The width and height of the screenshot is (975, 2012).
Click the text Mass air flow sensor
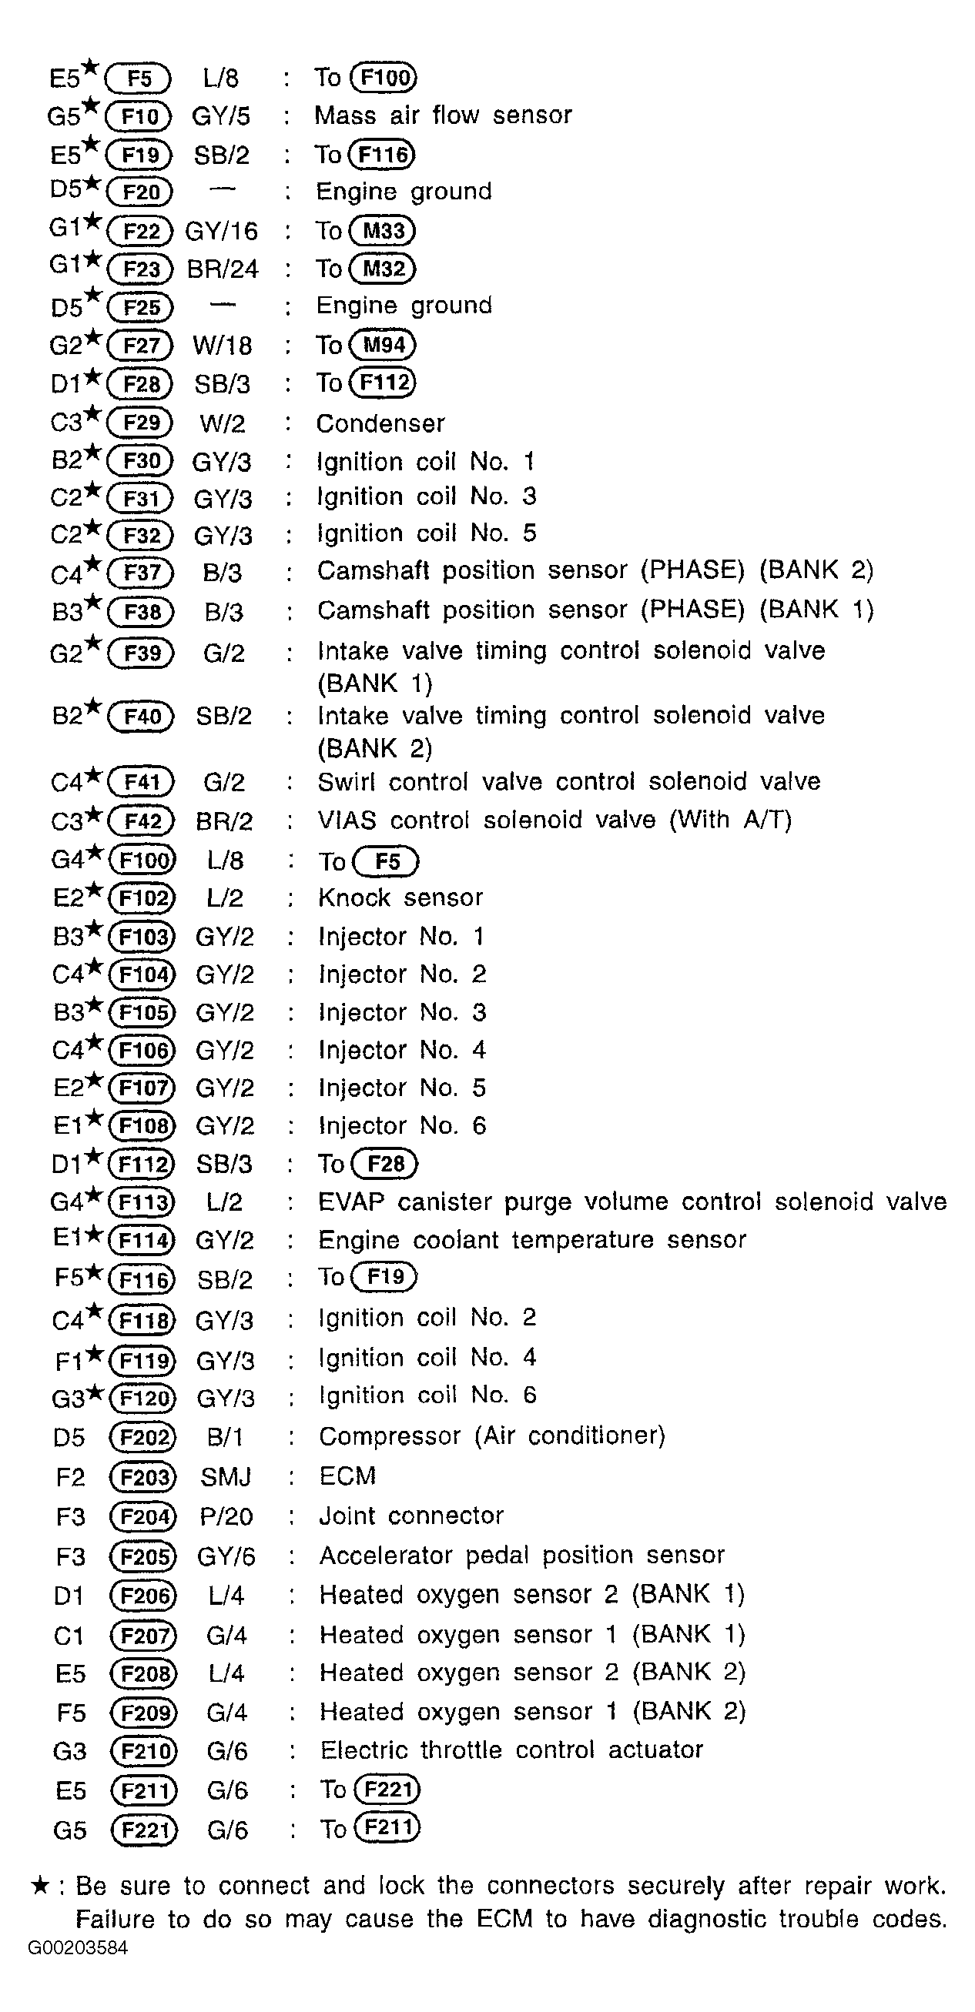(443, 115)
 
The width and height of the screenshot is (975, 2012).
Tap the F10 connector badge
(139, 117)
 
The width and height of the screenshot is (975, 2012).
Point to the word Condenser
(380, 423)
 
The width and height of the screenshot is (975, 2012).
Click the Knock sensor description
(400, 898)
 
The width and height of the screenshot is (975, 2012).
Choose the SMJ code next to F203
(226, 1477)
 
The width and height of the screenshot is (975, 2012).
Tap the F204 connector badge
(144, 1517)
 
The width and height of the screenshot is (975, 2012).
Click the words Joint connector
(411, 1516)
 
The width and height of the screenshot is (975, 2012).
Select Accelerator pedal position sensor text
(522, 1555)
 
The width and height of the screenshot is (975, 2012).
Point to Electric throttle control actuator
(511, 1750)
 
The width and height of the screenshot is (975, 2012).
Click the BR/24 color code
(223, 269)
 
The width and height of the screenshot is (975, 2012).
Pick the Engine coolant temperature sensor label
(532, 1240)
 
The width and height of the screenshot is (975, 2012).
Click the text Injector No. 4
(402, 1051)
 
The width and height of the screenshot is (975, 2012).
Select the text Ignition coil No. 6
(427, 1395)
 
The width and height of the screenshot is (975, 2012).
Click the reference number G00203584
(77, 1948)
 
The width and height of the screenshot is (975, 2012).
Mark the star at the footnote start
(41, 1887)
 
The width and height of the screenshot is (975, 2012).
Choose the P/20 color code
(226, 1517)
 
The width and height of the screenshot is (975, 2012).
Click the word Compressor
(390, 1436)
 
